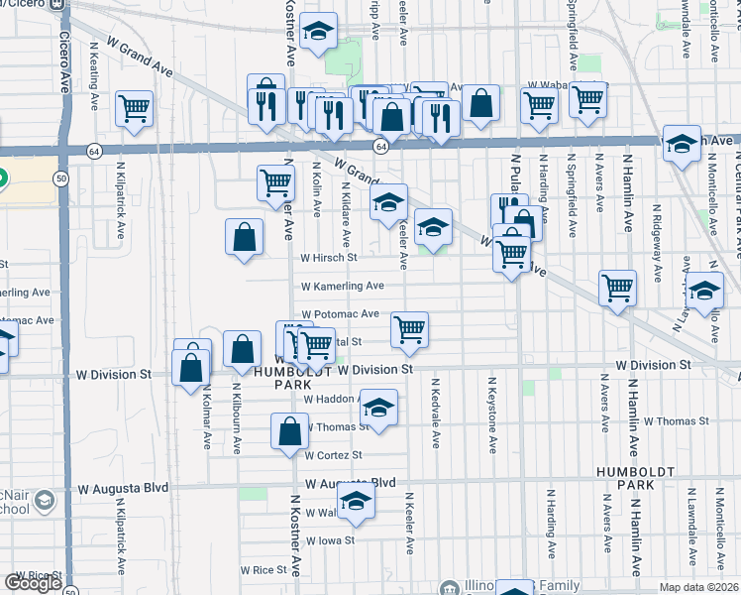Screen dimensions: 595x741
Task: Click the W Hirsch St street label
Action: (329, 258)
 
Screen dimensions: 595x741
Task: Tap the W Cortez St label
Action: (333, 455)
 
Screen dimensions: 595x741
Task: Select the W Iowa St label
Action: (330, 541)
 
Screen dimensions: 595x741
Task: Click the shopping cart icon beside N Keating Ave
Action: (134, 108)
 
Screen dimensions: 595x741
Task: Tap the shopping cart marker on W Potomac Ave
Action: (409, 329)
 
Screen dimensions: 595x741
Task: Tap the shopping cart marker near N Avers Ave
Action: (617, 288)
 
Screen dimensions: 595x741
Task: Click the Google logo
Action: (33, 583)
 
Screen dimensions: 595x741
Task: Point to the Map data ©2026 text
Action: (699, 587)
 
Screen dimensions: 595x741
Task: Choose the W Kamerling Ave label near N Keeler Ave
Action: (343, 286)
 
